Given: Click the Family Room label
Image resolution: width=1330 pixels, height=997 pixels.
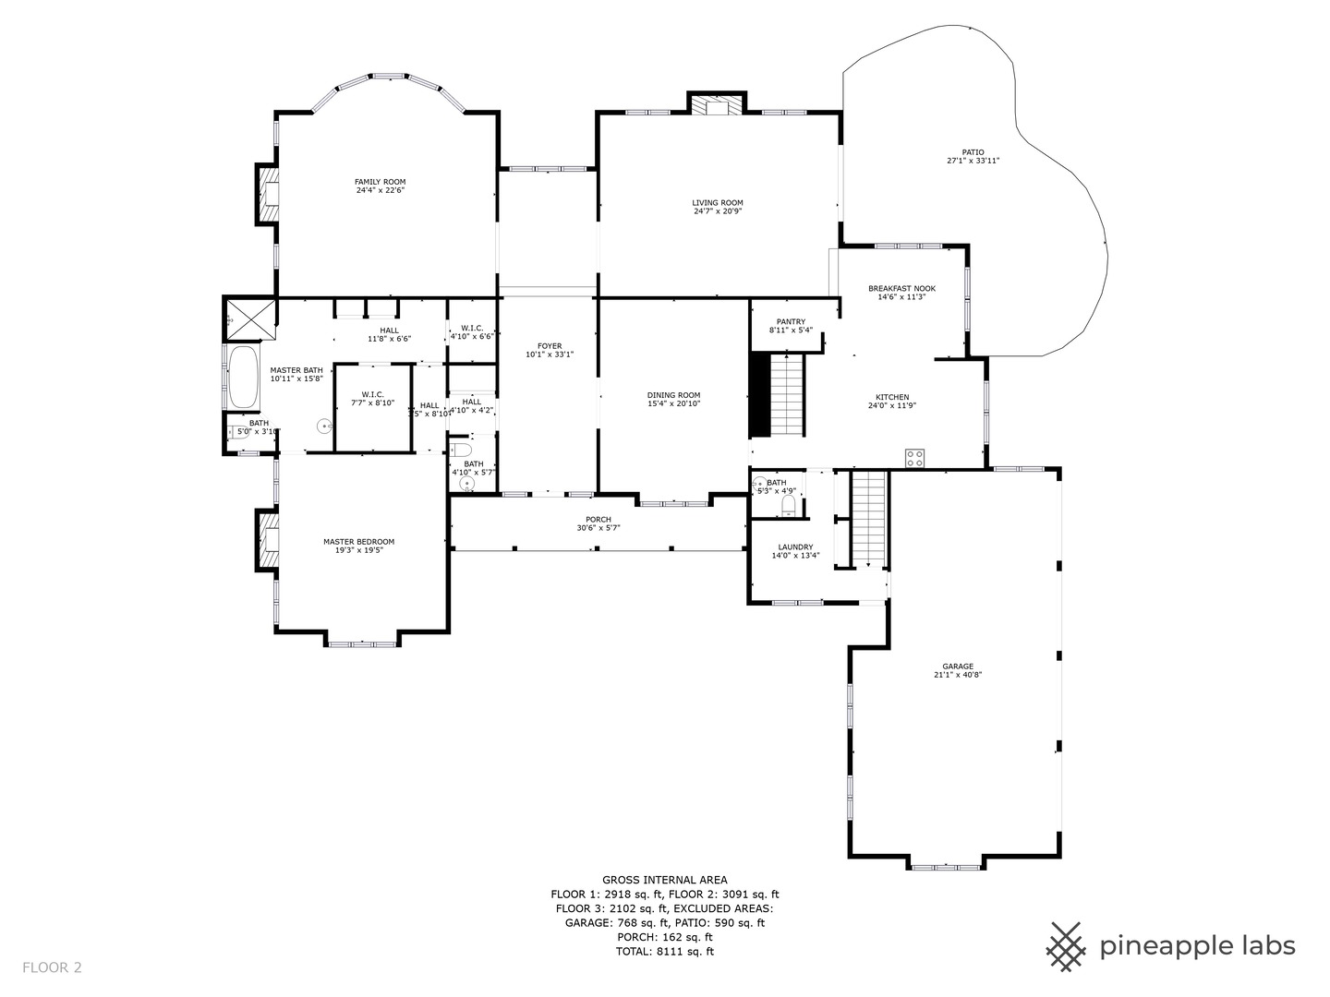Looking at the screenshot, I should (x=380, y=182).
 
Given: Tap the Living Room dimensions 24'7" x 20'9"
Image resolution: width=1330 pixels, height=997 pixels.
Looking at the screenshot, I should (x=718, y=211).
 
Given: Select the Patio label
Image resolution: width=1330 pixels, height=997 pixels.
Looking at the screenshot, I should (x=973, y=152).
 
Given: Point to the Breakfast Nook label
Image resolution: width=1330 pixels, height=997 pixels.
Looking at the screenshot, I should (x=901, y=289).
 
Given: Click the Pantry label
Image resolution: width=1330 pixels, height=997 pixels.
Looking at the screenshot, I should (x=791, y=322).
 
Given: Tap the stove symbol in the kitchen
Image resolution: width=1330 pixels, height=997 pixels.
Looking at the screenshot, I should (x=915, y=456).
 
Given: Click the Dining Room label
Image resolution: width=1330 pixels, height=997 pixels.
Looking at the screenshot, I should (x=673, y=395).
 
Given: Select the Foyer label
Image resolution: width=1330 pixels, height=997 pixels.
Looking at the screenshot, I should (x=550, y=346).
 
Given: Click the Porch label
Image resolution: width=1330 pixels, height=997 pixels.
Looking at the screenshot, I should (x=598, y=520).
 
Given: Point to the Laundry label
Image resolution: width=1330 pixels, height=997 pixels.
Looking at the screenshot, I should (x=795, y=547).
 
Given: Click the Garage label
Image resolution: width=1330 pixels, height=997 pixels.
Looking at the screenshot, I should (x=958, y=667).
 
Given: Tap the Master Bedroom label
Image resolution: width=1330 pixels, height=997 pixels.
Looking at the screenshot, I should (x=358, y=542).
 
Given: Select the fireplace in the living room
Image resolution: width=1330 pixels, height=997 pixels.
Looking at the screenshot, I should (x=717, y=105).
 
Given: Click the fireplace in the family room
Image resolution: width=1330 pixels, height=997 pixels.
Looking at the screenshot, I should (x=269, y=195).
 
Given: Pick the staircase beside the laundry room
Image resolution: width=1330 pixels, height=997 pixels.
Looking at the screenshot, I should (x=868, y=518).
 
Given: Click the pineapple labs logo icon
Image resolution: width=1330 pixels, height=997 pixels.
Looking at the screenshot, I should (x=1067, y=946).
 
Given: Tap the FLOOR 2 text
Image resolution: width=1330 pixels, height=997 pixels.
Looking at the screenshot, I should (x=52, y=967).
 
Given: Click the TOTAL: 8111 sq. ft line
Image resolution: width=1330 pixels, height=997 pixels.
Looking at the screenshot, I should (x=664, y=951).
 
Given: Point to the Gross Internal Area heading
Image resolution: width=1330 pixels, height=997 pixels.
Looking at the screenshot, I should (x=664, y=880).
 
